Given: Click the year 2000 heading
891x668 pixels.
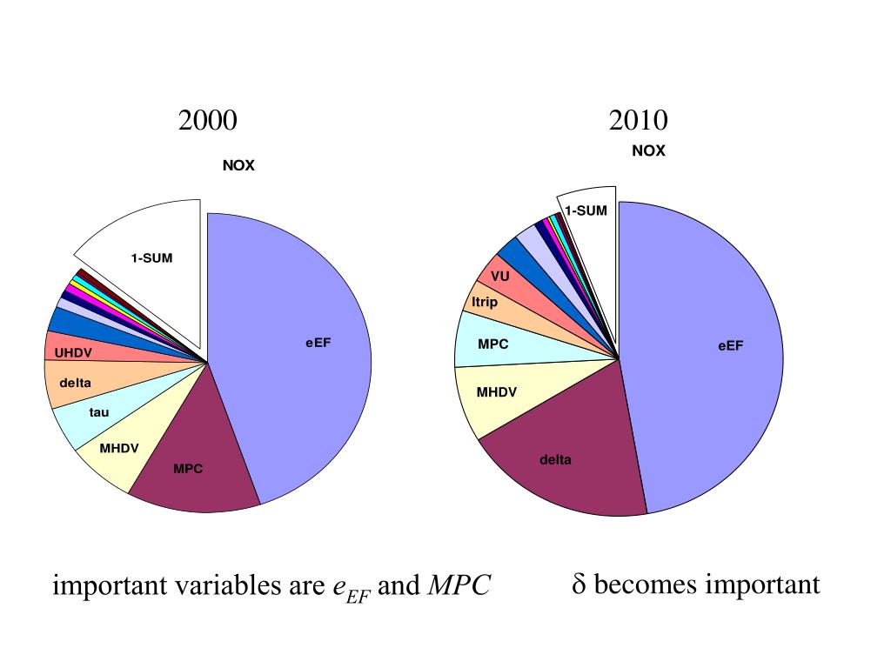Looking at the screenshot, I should tap(207, 120).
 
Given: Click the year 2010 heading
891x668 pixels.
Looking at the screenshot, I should tap(639, 120).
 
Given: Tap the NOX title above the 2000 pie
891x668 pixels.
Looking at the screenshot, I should tap(238, 165).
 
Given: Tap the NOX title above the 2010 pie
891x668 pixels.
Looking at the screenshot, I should tap(648, 150).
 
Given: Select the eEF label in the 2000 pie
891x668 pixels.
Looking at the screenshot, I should tap(318, 343).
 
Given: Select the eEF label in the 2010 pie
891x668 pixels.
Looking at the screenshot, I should tap(731, 345).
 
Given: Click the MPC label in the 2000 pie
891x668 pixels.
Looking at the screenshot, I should tap(188, 469).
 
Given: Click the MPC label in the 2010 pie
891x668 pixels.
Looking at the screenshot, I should tap(492, 344).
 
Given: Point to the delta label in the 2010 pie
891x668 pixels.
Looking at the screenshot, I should tap(555, 459).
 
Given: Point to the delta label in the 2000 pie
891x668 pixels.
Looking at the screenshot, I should tap(75, 383).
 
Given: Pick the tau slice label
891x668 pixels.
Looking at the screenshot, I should tap(99, 411).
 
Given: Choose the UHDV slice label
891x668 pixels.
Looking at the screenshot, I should tap(73, 353).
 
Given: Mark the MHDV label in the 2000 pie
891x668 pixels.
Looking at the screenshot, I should tap(119, 449).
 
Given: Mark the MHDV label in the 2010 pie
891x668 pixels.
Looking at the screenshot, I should tap(496, 392).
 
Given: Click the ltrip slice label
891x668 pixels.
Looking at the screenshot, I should tap(485, 303).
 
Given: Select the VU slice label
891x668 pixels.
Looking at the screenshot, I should tap(499, 276).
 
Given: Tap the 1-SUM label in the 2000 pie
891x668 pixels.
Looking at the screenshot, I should tap(151, 258).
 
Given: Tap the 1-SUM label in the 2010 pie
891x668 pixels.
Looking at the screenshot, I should tap(586, 210).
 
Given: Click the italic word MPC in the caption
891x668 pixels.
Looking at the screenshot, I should tap(459, 586).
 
